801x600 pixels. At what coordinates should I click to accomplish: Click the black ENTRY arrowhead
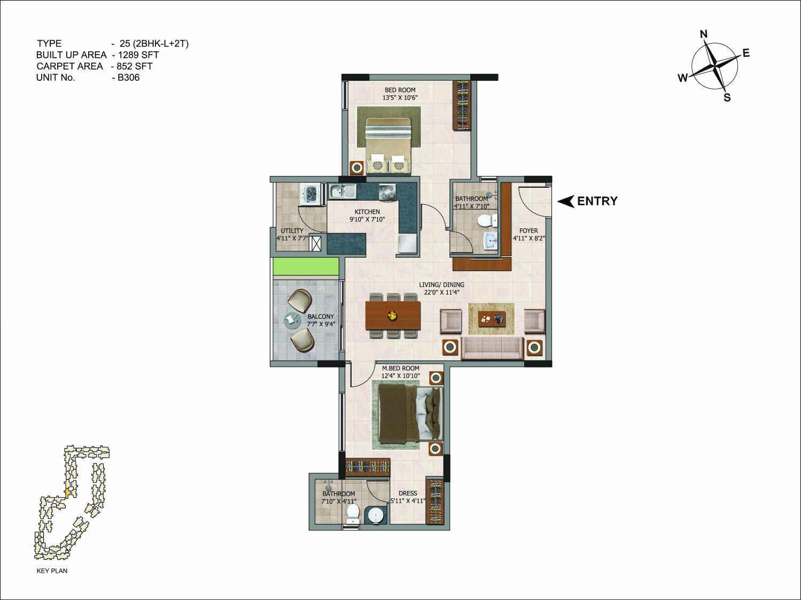[566, 201]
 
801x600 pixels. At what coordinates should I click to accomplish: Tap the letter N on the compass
[704, 34]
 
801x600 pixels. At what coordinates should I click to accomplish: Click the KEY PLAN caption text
[52, 571]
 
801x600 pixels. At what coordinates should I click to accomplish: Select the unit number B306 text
[128, 78]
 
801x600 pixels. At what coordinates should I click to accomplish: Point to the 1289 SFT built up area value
[138, 55]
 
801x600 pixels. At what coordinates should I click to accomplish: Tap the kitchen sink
[343, 191]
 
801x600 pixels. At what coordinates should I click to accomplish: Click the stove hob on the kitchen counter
[387, 191]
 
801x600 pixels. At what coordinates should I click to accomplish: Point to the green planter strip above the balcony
[306, 266]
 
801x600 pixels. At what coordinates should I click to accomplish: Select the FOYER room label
[528, 231]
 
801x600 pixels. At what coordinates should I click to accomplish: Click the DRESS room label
[408, 494]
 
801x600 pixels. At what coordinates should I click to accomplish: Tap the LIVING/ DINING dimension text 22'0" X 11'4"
[441, 292]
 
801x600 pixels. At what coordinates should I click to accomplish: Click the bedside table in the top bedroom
[356, 167]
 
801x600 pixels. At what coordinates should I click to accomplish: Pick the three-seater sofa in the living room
[492, 348]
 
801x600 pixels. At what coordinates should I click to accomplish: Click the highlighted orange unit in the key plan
[67, 493]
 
